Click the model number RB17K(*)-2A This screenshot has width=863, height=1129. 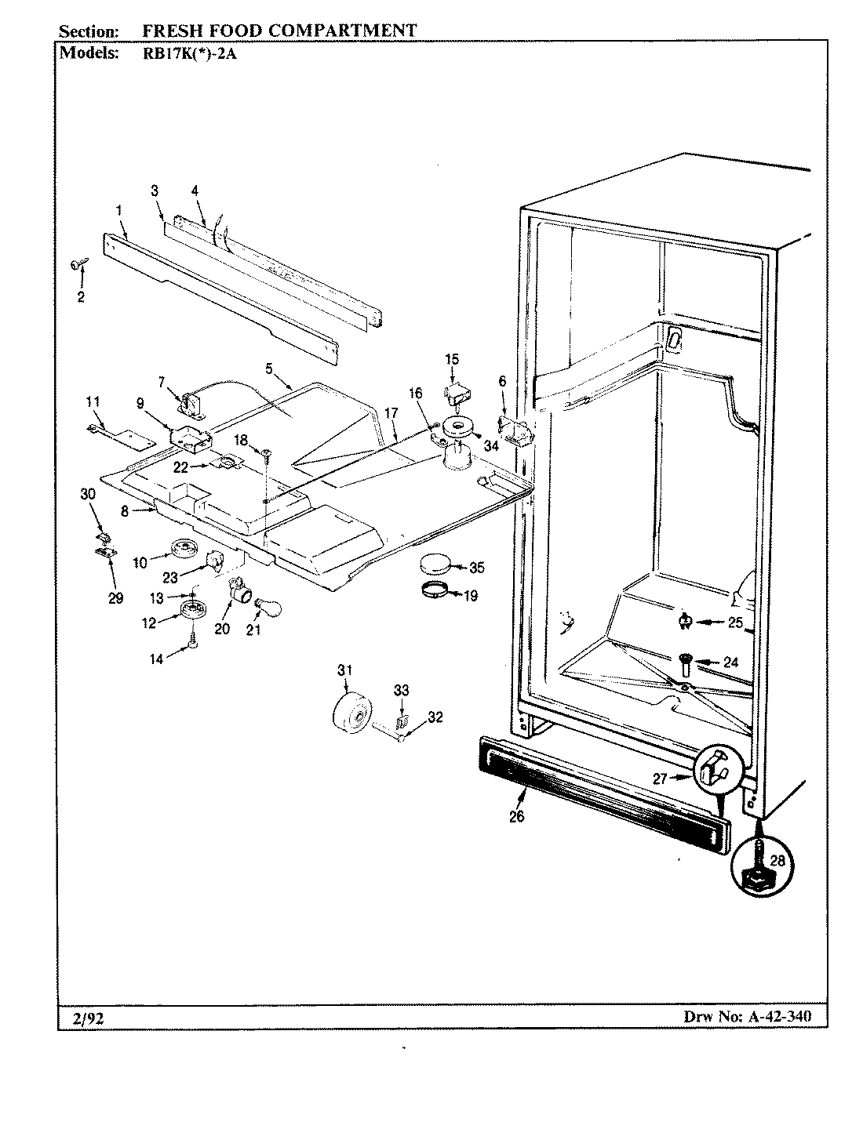(184, 54)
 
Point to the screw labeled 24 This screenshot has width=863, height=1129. (684, 665)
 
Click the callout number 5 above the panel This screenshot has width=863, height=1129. (269, 367)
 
